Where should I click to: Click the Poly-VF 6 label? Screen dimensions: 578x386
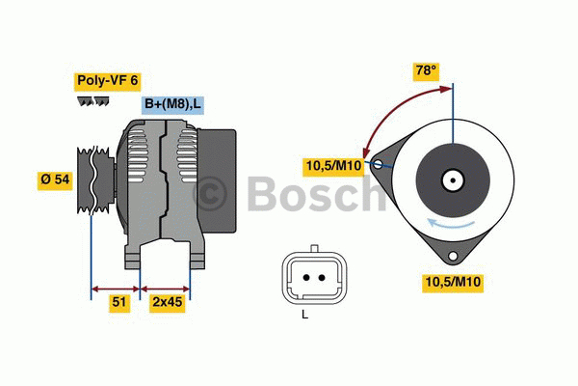(x=107, y=81)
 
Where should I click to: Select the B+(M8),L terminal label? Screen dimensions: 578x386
(x=172, y=104)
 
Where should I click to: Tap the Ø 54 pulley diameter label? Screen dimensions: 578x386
(x=55, y=179)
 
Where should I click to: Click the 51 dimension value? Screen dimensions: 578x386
(x=119, y=302)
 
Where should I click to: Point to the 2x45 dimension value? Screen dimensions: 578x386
(x=168, y=302)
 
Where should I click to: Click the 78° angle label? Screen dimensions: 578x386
(x=426, y=70)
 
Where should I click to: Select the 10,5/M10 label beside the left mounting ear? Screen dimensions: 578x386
(x=333, y=166)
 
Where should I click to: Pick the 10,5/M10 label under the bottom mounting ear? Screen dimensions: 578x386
(x=453, y=282)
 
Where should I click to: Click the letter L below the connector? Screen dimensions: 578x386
(x=304, y=315)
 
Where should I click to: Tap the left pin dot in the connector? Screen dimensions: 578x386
(x=306, y=277)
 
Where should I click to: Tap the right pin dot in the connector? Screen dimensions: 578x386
(x=322, y=277)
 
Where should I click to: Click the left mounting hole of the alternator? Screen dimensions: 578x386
(x=378, y=164)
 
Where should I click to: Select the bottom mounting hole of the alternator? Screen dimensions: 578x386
(x=453, y=256)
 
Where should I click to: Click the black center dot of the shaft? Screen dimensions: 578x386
(x=453, y=180)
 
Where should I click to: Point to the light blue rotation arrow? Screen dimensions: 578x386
(x=451, y=223)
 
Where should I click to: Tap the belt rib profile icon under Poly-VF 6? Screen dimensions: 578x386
(x=92, y=101)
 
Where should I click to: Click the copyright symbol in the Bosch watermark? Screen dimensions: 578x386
(x=210, y=193)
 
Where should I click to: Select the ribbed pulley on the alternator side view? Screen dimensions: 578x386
(x=95, y=180)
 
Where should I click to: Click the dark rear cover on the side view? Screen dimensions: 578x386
(x=218, y=180)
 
